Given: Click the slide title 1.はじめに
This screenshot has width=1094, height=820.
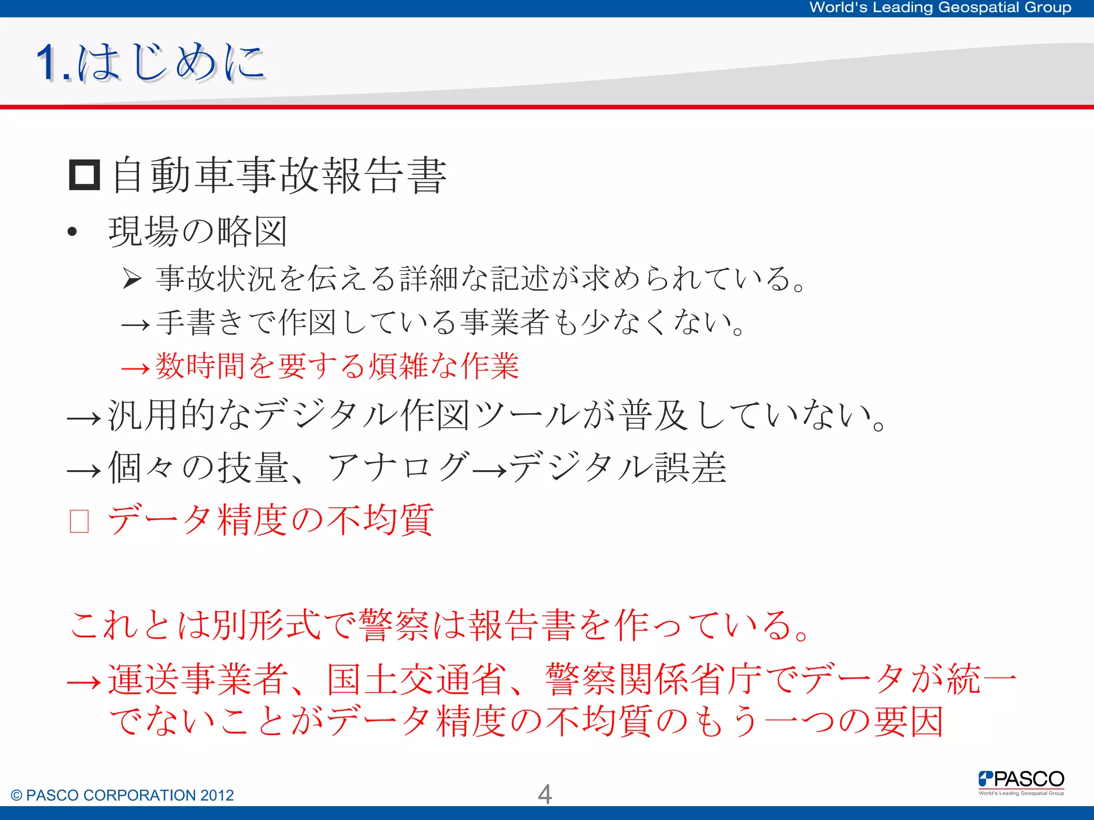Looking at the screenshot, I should coord(151,63).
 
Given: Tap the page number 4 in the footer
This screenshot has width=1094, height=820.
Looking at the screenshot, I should coord(544,794).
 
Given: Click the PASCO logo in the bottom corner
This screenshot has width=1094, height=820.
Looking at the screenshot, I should coord(1021,782).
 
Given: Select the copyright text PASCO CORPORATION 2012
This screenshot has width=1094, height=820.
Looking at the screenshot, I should coord(122,795).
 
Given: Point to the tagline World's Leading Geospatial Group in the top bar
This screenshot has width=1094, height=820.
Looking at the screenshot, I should coord(940,7).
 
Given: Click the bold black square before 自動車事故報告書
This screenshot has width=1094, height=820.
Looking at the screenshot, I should coord(84,175).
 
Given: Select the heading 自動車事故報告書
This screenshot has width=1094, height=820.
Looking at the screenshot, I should coord(279,175).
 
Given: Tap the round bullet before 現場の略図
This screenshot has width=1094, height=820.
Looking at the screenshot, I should coord(73,232).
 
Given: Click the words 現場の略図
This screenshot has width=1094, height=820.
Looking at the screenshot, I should coord(198,232).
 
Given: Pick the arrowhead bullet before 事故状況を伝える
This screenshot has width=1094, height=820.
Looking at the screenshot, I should coord(131,278).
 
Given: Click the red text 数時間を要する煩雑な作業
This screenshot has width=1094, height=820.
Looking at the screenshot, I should coord(337,366).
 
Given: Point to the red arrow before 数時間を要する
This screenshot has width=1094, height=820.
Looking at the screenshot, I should coord(135,368).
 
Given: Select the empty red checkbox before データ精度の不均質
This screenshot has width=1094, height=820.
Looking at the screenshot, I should coord(80,521).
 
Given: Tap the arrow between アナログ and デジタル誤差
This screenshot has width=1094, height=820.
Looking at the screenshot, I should coord(490,470).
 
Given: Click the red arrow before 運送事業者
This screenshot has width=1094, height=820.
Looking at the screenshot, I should coord(84,682).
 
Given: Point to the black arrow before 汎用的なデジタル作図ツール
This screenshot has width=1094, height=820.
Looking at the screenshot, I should coord(84,419).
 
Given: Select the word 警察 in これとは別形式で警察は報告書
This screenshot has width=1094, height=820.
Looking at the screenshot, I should coord(394,625).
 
